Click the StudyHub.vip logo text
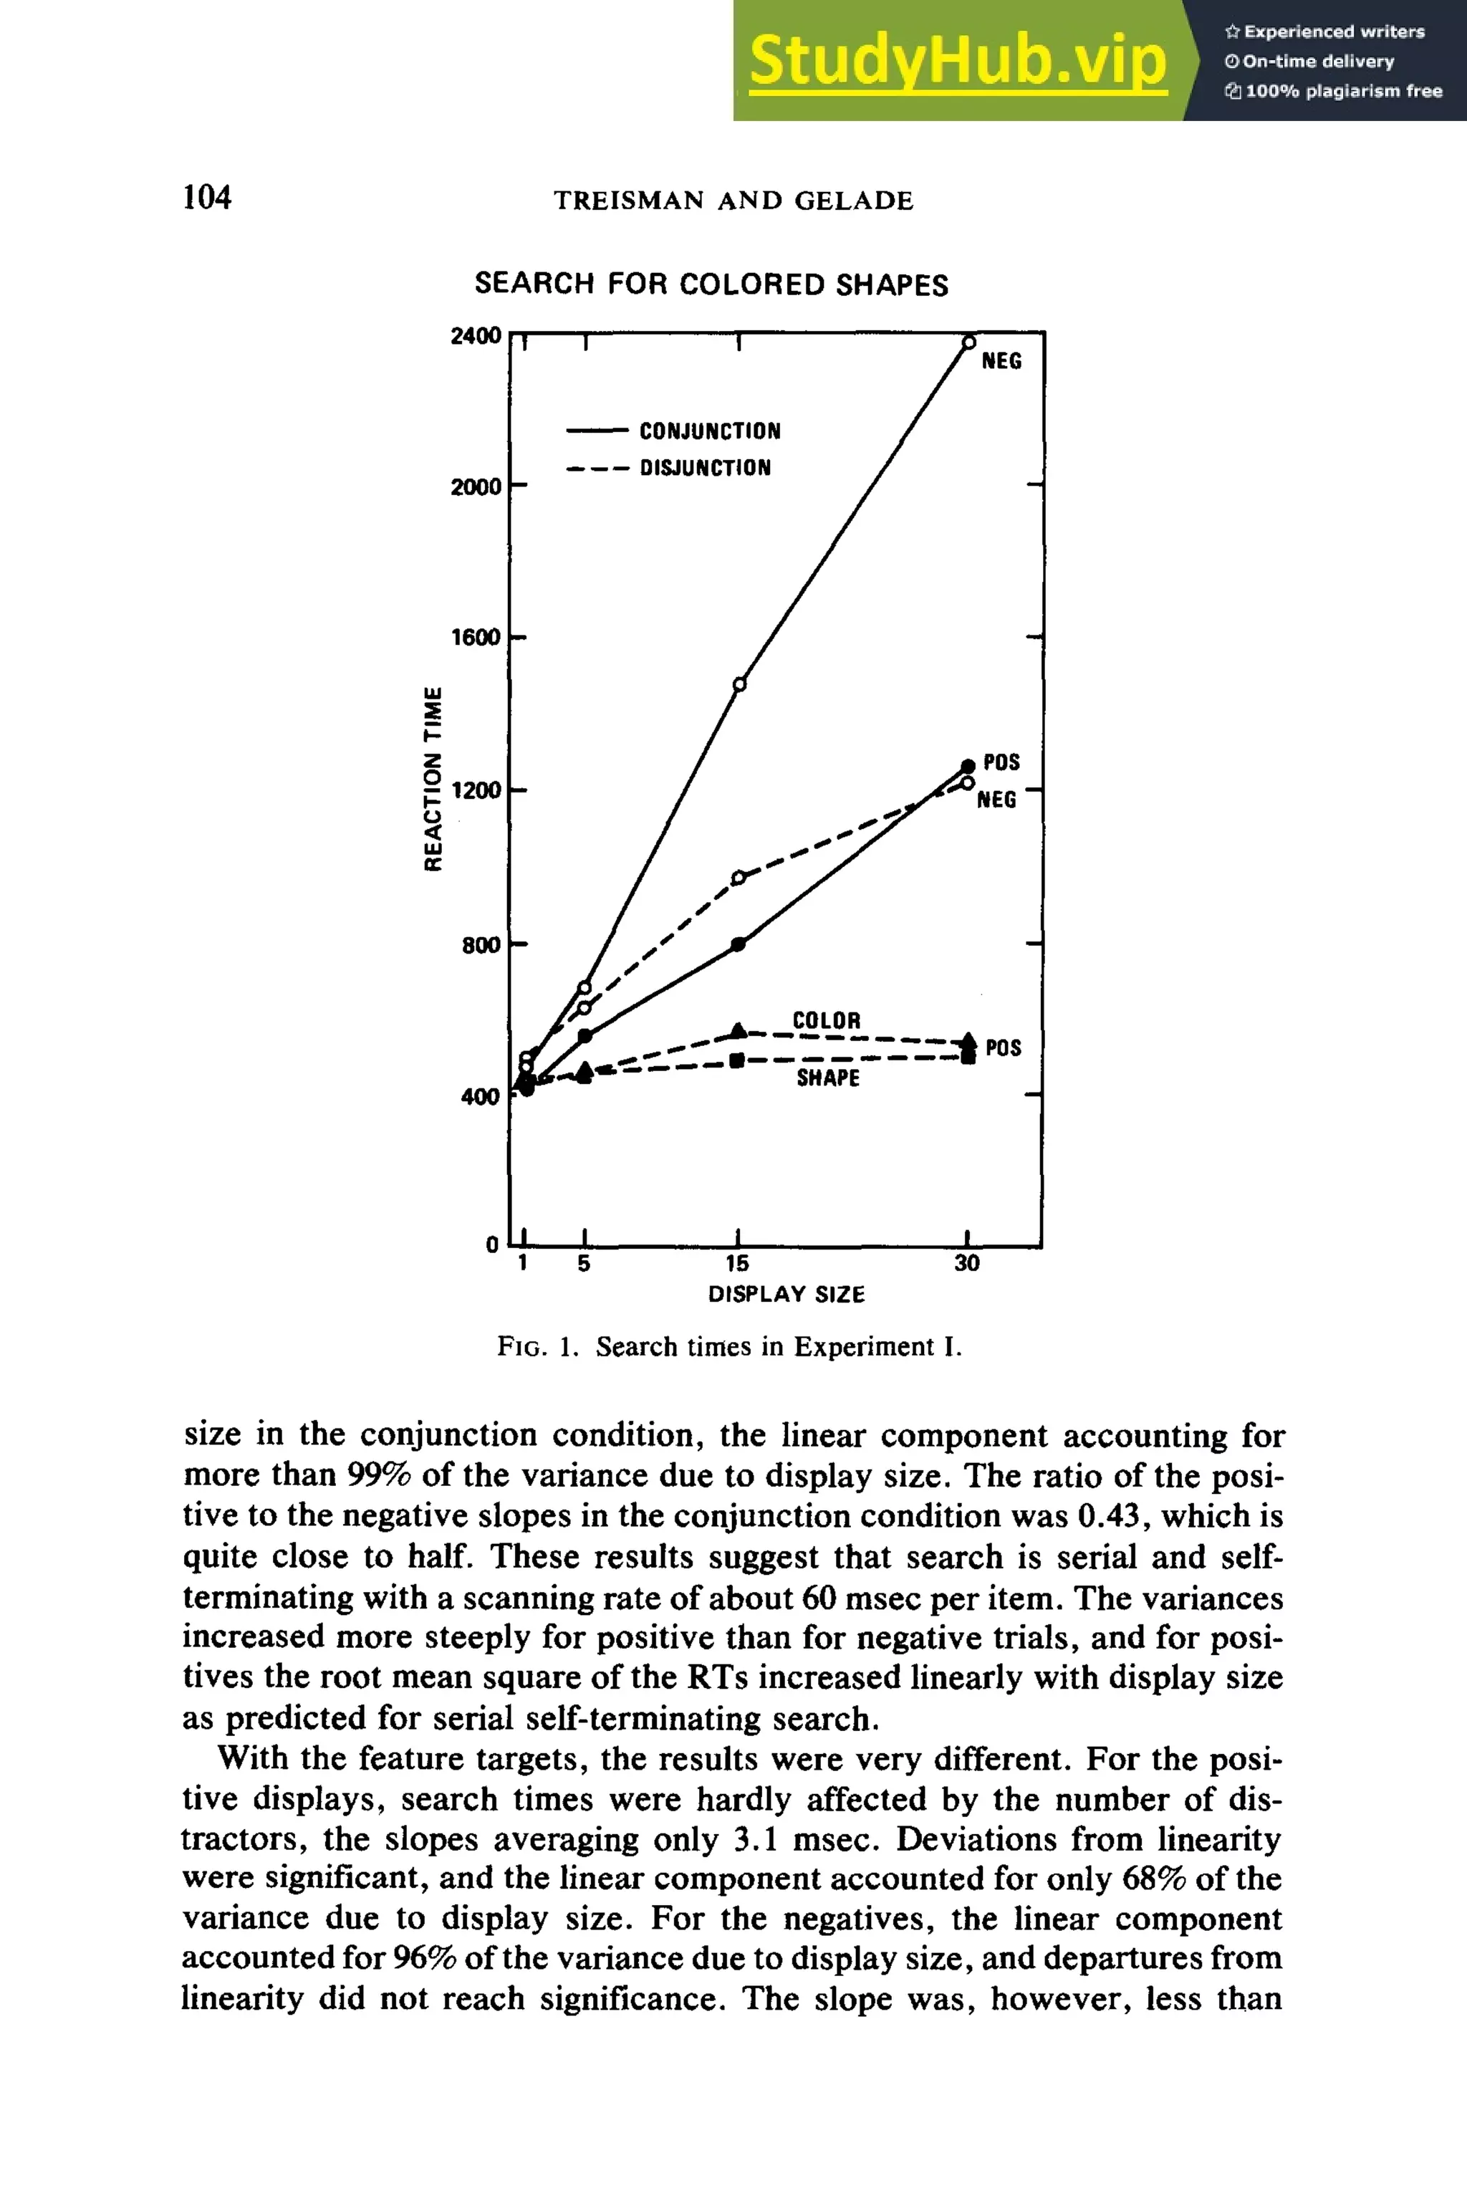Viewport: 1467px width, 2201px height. (957, 60)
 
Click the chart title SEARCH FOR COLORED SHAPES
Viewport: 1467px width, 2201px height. (711, 284)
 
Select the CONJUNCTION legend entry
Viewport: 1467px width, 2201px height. (709, 431)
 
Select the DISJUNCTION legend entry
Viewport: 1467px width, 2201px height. (705, 467)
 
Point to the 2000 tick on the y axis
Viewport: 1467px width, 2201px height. (476, 486)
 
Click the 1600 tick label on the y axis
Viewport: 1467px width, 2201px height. (476, 637)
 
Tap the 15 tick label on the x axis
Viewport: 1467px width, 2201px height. (737, 1263)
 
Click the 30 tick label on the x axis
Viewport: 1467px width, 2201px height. (966, 1263)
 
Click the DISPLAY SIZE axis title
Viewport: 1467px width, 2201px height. (786, 1294)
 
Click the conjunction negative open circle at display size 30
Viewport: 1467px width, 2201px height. (969, 342)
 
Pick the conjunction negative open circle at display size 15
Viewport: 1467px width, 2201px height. (739, 684)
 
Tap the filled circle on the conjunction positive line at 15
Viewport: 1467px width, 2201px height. (739, 944)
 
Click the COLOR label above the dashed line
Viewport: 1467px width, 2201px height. (826, 1020)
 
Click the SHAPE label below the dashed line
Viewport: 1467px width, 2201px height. (828, 1078)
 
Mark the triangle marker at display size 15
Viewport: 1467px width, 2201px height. (739, 1030)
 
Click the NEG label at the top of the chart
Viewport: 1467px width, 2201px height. (1001, 361)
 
